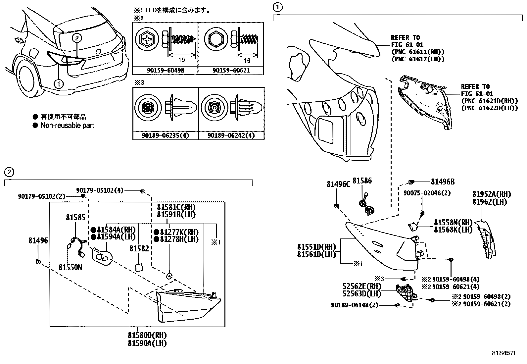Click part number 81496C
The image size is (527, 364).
coord(338,184)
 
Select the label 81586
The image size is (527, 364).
coord(362,181)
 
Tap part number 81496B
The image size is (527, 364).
coord(443,182)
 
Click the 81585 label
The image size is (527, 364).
coord(75,218)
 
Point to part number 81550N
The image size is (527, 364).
coord(70,267)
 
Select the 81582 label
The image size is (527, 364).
coord(139,248)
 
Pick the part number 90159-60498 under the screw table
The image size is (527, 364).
coord(165,71)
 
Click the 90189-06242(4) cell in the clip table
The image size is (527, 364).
coord(231,136)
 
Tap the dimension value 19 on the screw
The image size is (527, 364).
coord(181,60)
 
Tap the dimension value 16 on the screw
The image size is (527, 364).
coord(247,61)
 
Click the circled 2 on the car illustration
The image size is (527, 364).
coord(76,38)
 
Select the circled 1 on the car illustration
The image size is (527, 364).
coord(59,84)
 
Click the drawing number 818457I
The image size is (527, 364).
coord(503,354)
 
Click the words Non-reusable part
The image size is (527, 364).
coord(67,126)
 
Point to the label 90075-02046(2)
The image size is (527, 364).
coord(427,193)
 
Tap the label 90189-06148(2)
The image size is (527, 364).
coord(354,305)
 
